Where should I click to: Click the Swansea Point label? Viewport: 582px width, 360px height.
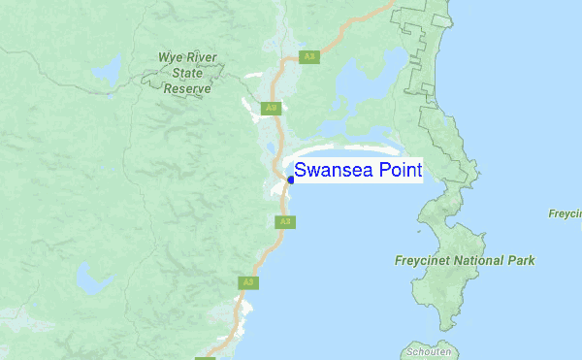tap(358, 172)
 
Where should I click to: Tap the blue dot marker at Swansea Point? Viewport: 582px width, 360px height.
tap(290, 180)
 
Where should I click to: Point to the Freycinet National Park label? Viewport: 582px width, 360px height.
tap(465, 261)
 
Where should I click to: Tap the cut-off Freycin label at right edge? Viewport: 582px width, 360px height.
tap(564, 213)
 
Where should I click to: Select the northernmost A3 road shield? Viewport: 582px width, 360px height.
tap(309, 56)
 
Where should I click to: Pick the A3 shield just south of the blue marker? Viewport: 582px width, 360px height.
tap(284, 222)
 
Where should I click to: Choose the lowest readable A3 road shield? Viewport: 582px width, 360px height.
tap(248, 282)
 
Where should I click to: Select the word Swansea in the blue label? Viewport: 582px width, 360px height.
tap(332, 172)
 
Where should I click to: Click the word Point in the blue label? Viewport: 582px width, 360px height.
tap(398, 172)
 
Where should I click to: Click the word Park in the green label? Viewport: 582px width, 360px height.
tap(521, 261)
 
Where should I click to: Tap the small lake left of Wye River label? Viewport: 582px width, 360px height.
tap(105, 70)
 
